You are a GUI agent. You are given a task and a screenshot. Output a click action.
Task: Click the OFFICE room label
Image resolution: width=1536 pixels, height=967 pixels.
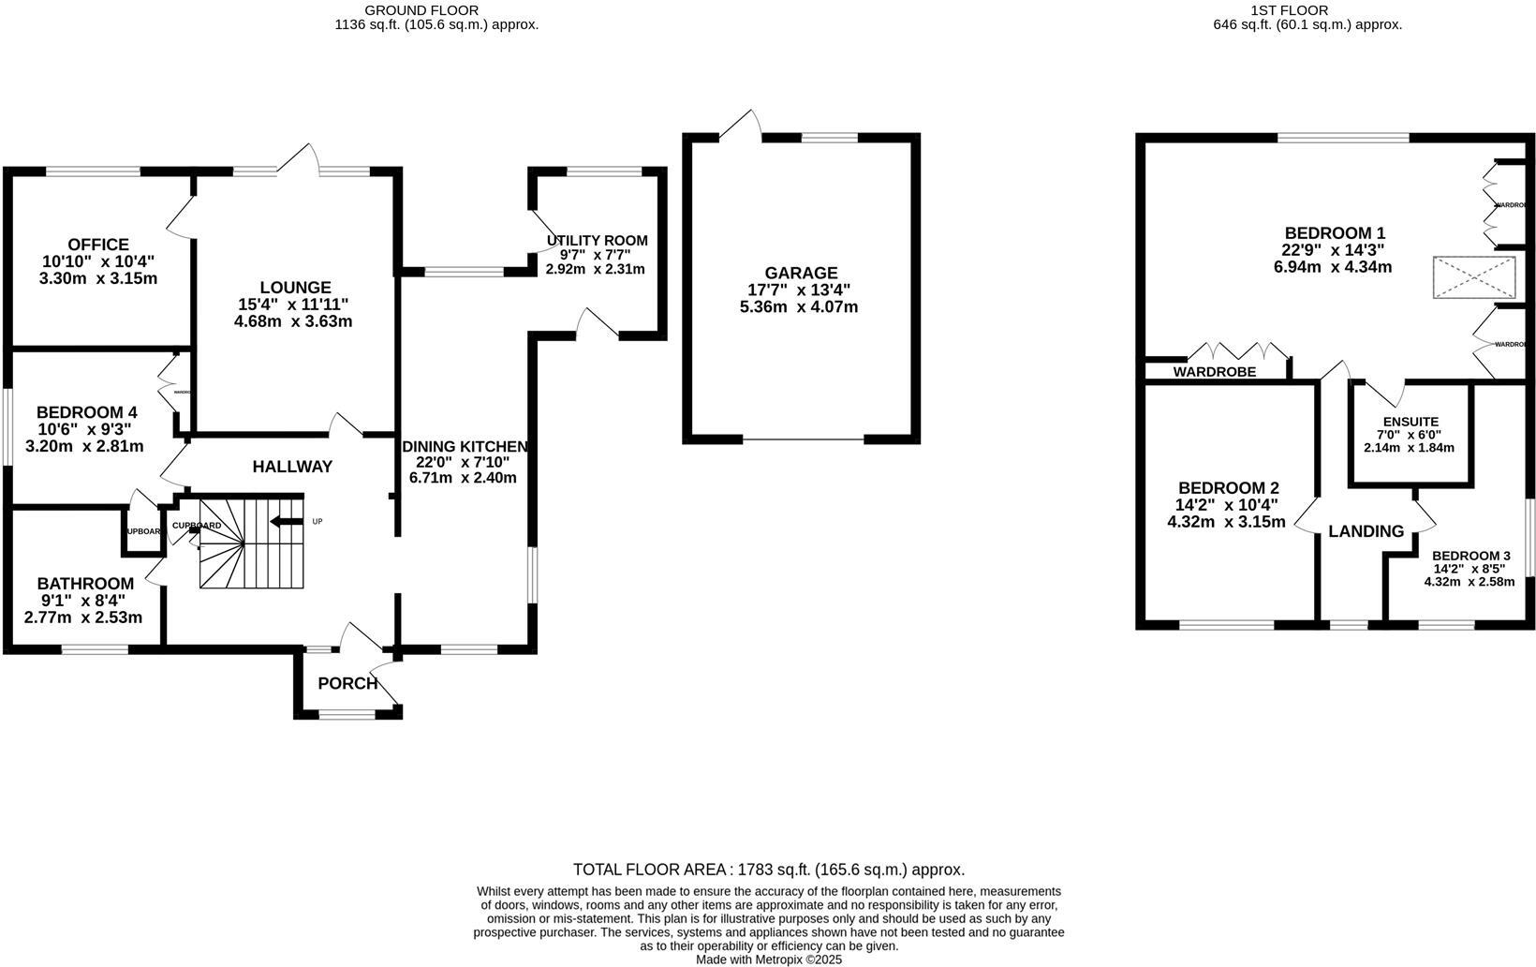pos(98,245)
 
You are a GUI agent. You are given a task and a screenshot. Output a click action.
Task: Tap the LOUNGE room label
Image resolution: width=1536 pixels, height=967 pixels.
pos(295,288)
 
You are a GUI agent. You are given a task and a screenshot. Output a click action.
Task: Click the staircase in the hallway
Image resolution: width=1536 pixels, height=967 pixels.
pos(251,543)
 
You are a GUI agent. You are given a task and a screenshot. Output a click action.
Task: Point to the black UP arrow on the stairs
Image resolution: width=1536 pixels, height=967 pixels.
pos(285,522)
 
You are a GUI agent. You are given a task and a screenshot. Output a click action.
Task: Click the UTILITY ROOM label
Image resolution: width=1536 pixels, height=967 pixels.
pos(597,241)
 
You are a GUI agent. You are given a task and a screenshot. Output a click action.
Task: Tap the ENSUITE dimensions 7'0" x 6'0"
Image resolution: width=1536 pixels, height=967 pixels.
pos(1408,435)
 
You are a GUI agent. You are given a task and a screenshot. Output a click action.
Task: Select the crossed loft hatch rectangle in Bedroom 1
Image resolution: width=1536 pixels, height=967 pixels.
pos(1474,277)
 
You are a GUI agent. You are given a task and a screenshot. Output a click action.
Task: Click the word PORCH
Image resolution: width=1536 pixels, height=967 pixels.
pos(347,683)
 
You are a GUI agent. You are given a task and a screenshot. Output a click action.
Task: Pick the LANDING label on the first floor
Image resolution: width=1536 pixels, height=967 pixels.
pos(1366,531)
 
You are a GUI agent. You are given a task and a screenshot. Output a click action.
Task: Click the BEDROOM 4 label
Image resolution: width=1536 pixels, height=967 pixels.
pos(86,412)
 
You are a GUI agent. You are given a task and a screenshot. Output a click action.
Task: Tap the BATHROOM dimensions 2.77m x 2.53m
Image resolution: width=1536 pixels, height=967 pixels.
pos(83,617)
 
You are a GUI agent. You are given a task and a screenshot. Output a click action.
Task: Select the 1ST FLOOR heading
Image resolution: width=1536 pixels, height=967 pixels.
pos(1307,10)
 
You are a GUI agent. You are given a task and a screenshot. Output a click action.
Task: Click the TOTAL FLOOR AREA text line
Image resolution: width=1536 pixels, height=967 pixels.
pos(768,870)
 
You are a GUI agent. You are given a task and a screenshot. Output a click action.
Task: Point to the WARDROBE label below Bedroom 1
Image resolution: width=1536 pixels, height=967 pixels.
pos(1214,372)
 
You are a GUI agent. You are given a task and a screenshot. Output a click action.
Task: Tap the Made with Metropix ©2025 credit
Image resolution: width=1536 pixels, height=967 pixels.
pos(769,960)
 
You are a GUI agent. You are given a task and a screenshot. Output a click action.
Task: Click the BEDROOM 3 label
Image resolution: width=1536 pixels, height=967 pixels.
pos(1470,555)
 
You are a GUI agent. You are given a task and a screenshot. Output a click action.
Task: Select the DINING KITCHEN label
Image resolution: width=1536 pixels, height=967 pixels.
pos(465,447)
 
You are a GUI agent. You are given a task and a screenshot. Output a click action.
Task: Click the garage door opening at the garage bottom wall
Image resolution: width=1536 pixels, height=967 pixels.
pos(803,439)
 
